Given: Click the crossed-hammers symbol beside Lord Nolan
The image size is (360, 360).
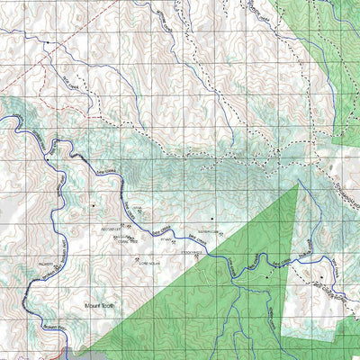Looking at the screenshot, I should [137, 261].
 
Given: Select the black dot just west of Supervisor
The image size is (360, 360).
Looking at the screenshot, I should [212, 218].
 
